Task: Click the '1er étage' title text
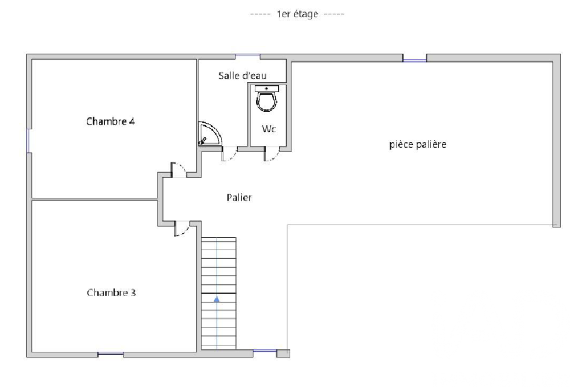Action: tap(296, 14)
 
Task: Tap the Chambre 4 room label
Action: tap(110, 121)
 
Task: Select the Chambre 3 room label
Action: tap(111, 293)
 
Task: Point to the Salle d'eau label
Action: tap(242, 75)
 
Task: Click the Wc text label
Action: tap(269, 129)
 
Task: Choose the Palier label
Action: tap(239, 198)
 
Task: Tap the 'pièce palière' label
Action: tap(417, 145)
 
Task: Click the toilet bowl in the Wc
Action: tap(266, 101)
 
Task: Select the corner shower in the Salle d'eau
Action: tap(207, 135)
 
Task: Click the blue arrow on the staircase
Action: tap(217, 298)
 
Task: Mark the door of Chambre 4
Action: tap(178, 170)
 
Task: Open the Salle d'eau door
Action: tap(229, 154)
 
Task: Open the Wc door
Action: tap(271, 154)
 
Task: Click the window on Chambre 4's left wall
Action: tap(28, 140)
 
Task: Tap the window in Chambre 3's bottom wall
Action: tap(110, 355)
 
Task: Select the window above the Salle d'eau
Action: tap(248, 56)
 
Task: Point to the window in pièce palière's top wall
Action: tap(414, 58)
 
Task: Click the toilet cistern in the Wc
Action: tap(266, 88)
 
